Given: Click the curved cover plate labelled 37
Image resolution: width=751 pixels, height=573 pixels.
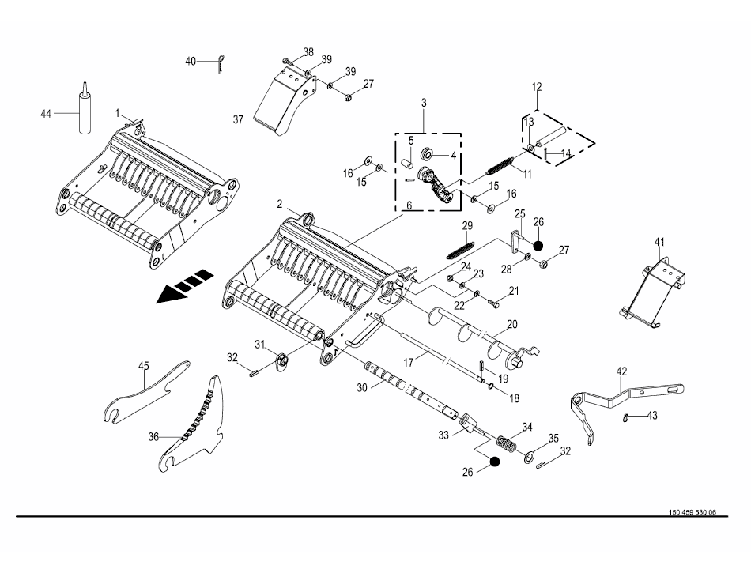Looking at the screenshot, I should coord(277,103).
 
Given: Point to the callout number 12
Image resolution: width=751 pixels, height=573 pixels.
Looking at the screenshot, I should coord(537,86).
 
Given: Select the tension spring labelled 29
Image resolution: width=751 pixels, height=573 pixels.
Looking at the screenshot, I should coord(459,245).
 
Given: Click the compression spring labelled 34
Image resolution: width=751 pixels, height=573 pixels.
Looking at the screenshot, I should coord(505,443).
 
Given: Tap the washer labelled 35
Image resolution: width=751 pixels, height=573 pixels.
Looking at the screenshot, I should coord(530,457).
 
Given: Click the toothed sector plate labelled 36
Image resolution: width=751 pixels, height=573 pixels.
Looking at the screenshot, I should coord(198,427).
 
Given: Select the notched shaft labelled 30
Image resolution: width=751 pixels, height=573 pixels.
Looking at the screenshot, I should coord(407,388).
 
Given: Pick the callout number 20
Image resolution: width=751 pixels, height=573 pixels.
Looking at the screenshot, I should coord(512,324).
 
